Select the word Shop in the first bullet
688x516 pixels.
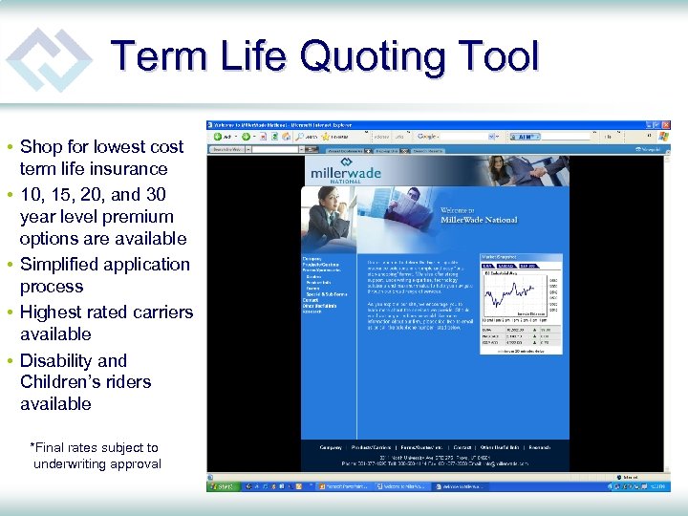click(41, 147)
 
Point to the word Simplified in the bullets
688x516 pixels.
click(61, 265)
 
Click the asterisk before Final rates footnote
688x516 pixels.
click(33, 446)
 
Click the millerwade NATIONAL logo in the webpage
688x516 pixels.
click(344, 175)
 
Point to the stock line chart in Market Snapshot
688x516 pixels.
click(506, 296)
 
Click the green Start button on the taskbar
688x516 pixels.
click(223, 485)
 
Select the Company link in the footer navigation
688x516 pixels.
click(331, 446)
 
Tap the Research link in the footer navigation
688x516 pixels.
click(540, 446)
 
